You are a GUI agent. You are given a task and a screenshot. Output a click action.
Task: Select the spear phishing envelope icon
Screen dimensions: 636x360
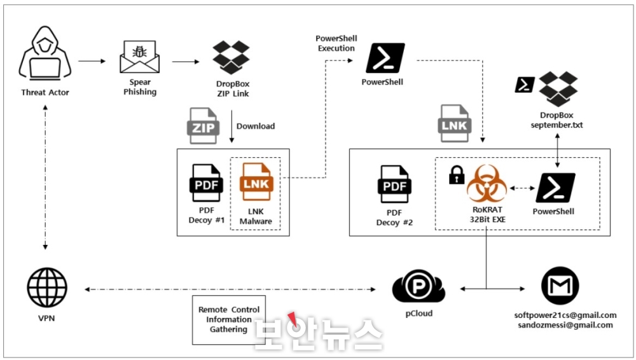[139, 57]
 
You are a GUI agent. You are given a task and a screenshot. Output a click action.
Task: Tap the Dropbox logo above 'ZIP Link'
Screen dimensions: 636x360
[232, 57]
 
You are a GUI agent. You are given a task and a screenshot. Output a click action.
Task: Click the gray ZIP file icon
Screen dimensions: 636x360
[204, 126]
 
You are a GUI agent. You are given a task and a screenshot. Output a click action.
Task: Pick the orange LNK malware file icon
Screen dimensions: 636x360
[256, 182]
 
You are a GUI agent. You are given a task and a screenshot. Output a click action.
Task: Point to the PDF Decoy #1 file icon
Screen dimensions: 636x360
[207, 183]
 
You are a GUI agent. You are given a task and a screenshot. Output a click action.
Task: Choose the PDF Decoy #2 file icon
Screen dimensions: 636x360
[394, 184]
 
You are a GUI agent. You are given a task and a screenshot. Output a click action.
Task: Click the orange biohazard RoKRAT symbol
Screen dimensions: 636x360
[487, 183]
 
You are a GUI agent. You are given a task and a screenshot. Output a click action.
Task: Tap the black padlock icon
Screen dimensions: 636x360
[457, 175]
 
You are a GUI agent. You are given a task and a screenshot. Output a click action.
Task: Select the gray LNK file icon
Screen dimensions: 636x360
[454, 124]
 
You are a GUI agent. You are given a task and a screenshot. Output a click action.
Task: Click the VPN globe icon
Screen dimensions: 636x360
[47, 287]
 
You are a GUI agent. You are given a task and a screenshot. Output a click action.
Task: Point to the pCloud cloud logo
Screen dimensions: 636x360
[418, 287]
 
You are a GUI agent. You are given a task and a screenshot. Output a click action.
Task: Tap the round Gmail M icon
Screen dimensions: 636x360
[560, 286]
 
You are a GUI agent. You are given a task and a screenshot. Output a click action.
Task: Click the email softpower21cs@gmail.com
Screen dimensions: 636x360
[565, 315]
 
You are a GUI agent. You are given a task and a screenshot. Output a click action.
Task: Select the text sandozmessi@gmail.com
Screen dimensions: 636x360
[565, 325]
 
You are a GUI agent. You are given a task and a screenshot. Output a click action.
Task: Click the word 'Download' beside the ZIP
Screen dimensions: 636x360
[256, 126]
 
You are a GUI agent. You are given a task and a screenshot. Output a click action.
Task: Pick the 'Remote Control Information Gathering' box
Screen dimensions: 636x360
[229, 320]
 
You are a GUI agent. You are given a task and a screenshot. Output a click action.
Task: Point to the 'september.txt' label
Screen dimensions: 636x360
[556, 125]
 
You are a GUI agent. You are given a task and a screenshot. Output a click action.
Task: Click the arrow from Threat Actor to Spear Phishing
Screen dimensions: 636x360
[92, 61]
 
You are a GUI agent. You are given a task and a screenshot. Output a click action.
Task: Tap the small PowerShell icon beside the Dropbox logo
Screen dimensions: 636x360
[525, 85]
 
